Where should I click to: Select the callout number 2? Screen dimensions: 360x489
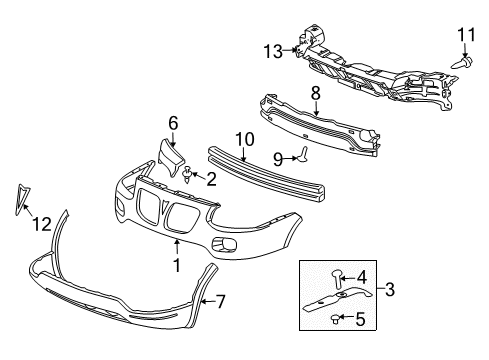[x=210, y=179]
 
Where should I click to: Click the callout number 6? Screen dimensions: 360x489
[x=173, y=124]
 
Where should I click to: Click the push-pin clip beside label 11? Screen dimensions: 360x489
[x=466, y=62]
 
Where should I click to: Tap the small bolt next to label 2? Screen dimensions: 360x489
[x=189, y=177]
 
